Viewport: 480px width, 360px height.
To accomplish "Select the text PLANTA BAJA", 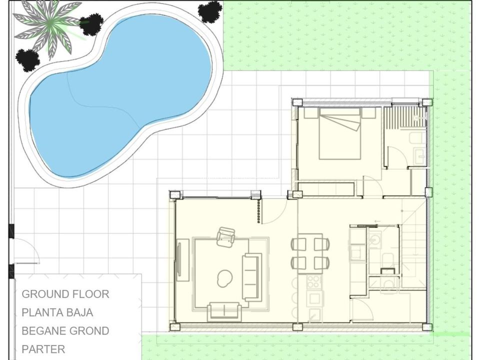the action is pyautogui.click(x=57, y=312).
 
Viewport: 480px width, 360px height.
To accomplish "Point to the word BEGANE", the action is pyautogui.click(x=44, y=331).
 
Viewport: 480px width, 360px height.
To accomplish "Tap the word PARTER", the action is pyautogui.click(x=43, y=349).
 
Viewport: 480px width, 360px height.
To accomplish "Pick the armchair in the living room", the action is pyautogui.click(x=225, y=236).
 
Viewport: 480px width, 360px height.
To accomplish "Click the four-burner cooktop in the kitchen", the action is pyautogui.click(x=314, y=282).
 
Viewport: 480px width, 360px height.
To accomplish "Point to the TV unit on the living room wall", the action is pyautogui.click(x=182, y=259).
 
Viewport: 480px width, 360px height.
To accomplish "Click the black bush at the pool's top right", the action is pyautogui.click(x=210, y=11).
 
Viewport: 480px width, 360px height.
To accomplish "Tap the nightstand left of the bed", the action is pyautogui.click(x=310, y=112).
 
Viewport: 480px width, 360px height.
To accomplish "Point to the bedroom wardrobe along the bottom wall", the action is pyautogui.click(x=326, y=188).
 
